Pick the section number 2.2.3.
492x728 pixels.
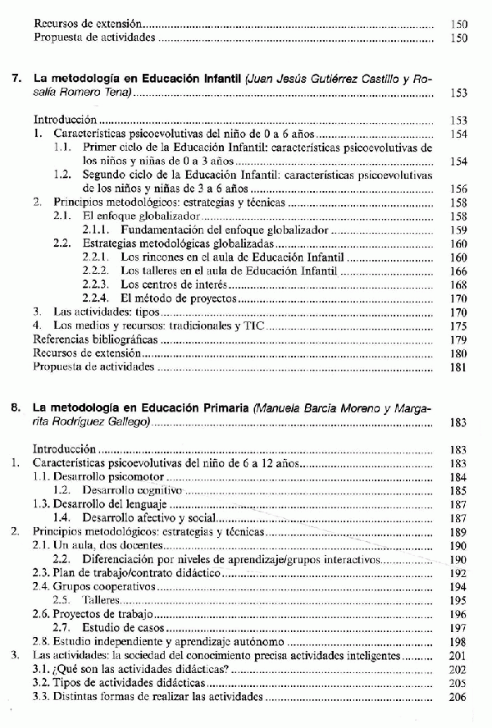(98, 284)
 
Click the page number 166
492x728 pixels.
(458, 271)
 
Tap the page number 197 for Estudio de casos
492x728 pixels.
(458, 627)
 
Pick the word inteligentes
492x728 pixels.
(370, 655)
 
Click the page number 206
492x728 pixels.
(458, 696)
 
